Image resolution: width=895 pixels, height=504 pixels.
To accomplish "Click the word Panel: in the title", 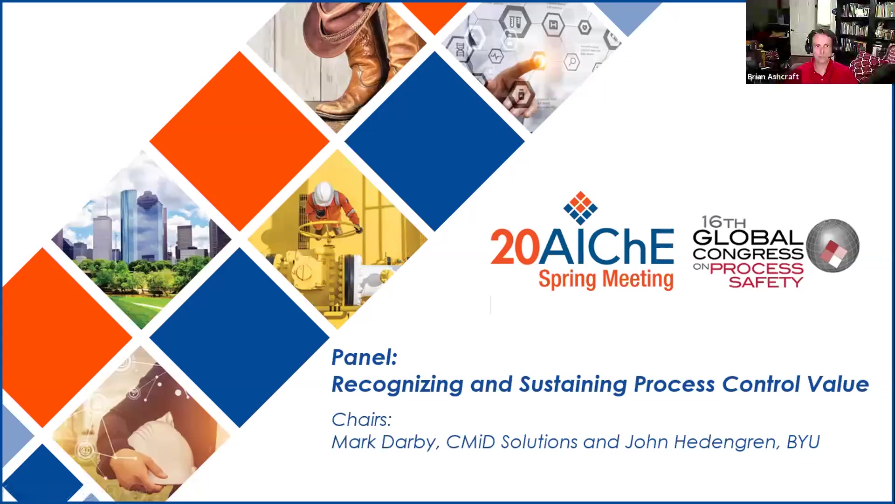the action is [x=364, y=357].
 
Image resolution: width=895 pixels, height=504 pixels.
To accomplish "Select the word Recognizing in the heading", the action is [x=397, y=385].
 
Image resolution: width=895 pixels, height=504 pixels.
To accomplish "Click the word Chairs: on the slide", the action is [x=361, y=420].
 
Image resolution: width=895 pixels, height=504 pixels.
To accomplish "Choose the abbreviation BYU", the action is [x=803, y=442].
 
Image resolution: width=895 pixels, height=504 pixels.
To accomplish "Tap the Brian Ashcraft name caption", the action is [x=773, y=77].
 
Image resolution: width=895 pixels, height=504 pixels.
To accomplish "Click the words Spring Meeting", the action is [x=606, y=279].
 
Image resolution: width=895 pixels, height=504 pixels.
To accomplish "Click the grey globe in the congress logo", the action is [x=833, y=245].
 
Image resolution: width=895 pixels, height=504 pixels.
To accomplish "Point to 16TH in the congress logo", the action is [x=723, y=222].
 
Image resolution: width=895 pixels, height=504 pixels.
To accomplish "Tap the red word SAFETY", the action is [x=766, y=282].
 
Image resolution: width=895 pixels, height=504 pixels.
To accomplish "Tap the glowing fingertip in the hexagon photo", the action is [x=539, y=60].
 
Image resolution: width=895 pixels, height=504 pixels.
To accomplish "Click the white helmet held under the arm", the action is [x=161, y=448].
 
